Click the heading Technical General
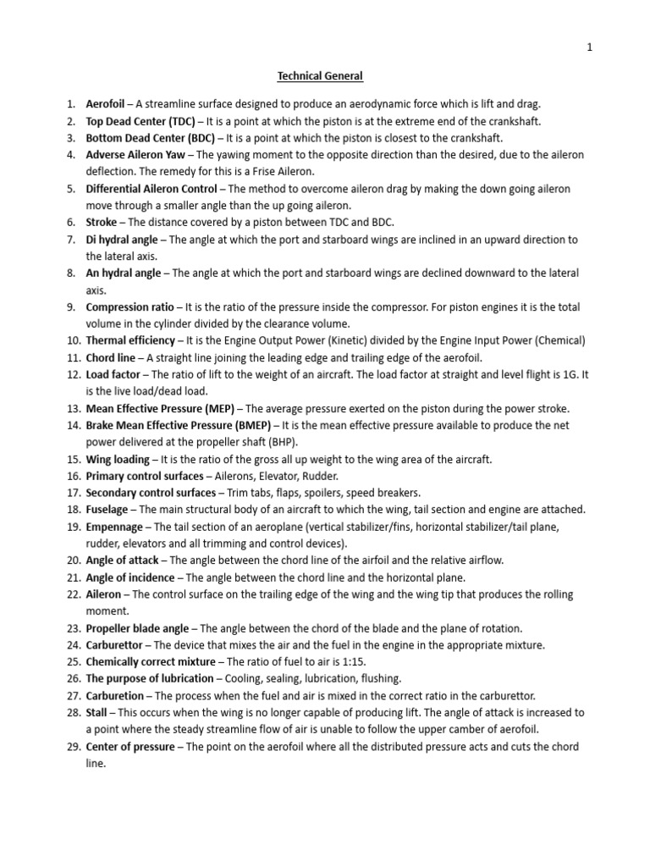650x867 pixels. point(321,76)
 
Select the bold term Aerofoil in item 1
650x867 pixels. point(106,104)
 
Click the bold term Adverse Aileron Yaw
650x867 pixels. point(135,155)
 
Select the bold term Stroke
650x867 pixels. point(102,223)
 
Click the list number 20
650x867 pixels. point(72,561)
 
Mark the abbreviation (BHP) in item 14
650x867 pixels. point(285,442)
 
